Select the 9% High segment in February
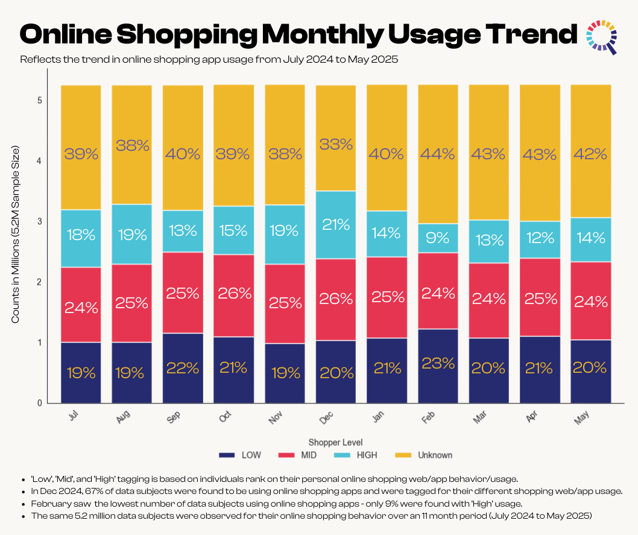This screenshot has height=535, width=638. point(438,238)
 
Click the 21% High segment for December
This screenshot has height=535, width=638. point(336,225)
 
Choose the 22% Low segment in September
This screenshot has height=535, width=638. point(183,368)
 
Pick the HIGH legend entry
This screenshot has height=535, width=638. point(360,455)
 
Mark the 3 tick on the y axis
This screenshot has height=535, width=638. point(39,221)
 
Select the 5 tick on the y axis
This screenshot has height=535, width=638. point(39,100)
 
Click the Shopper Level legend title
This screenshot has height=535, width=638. point(336,442)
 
